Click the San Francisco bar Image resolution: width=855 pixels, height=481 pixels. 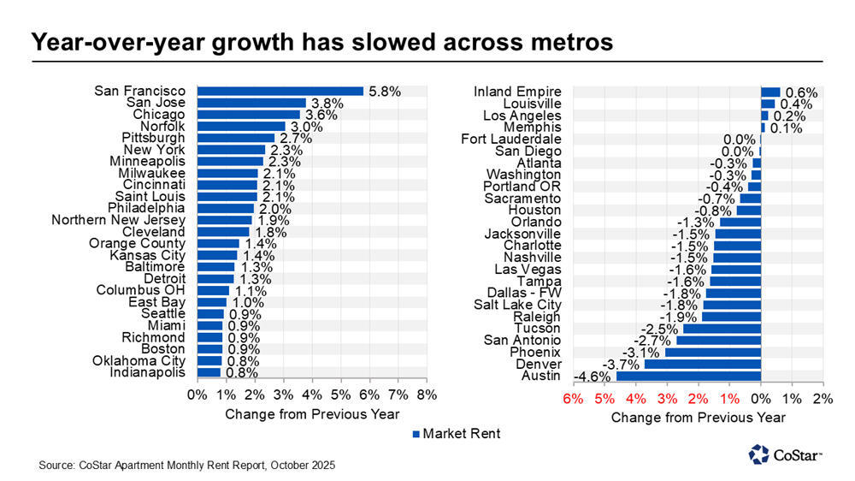280,91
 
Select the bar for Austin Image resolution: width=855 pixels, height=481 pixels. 688,376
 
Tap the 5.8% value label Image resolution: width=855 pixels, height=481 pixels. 385,91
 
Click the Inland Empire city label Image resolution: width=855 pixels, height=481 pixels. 519,92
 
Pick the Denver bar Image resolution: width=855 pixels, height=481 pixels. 702,364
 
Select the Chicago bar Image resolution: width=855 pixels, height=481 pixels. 249,115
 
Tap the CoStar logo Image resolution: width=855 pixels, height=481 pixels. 785,454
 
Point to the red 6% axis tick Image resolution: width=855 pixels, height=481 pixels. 572,399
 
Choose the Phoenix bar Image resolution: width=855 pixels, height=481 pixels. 712,352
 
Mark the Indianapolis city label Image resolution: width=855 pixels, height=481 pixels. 147,372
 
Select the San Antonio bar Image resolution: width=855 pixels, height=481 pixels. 718,340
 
